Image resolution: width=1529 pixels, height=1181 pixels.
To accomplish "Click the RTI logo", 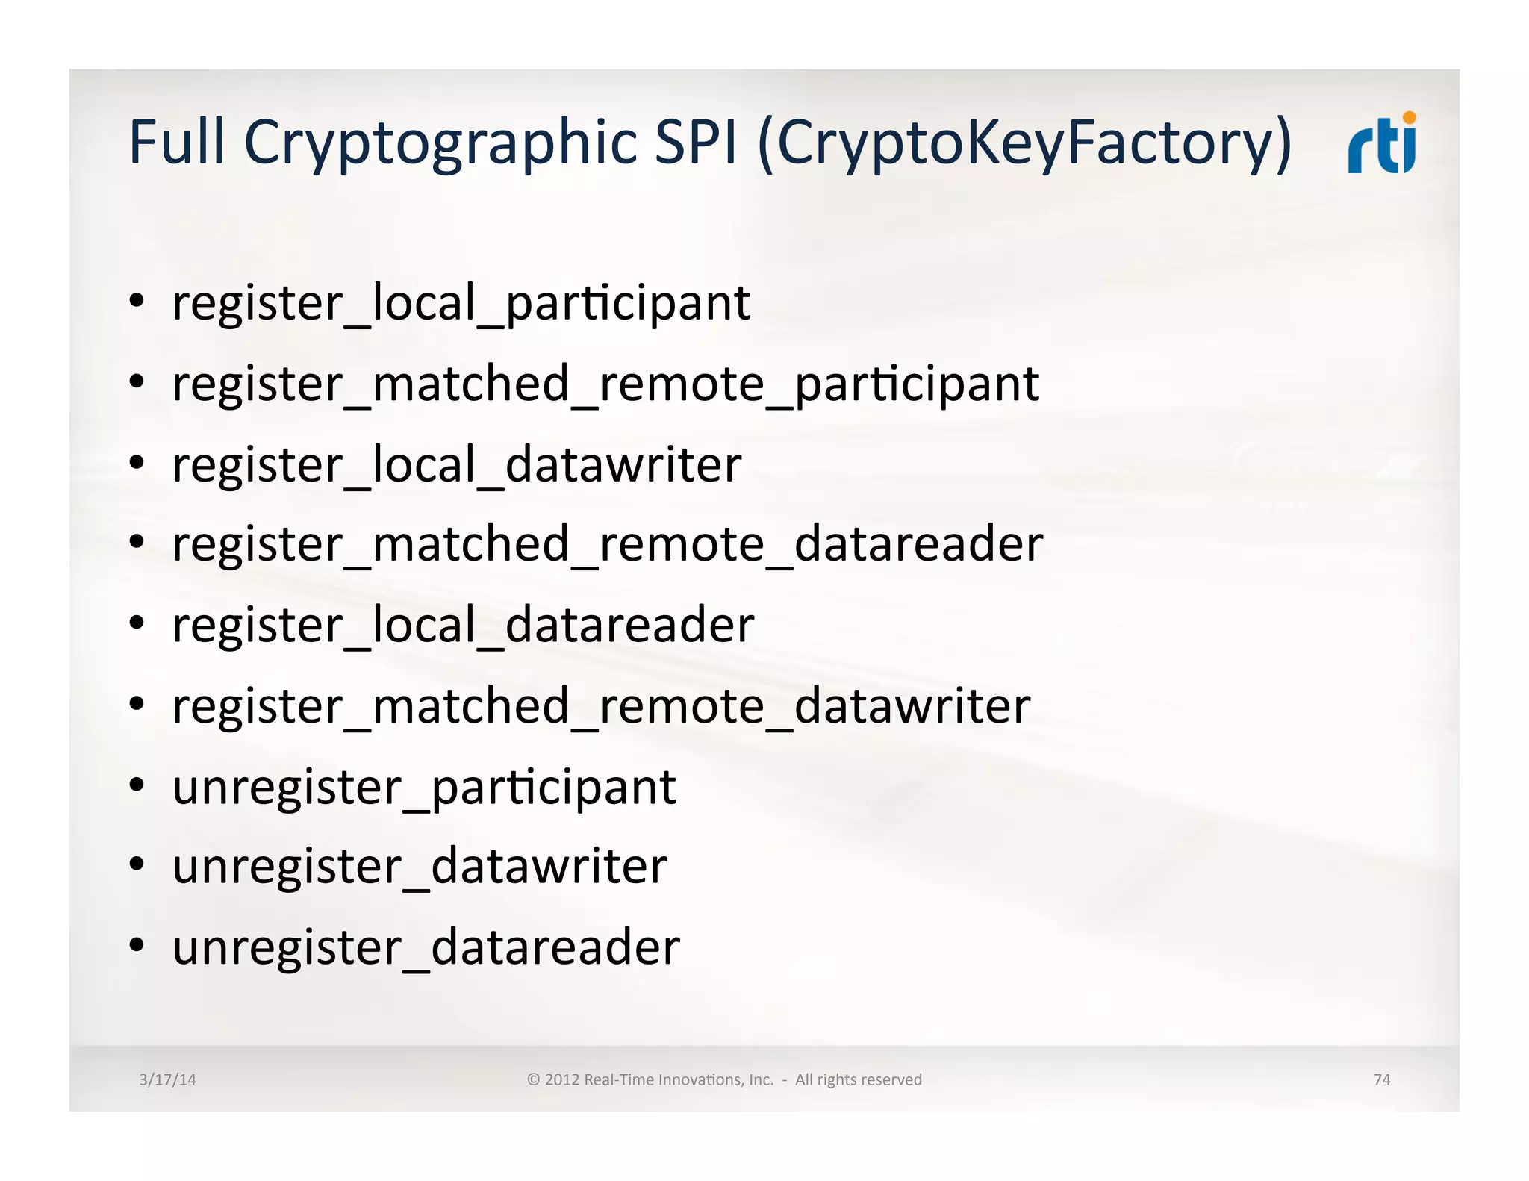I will (1381, 143).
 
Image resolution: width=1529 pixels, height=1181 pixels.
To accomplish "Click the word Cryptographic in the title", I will (440, 143).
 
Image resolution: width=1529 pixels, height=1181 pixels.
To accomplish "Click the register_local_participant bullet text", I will (461, 303).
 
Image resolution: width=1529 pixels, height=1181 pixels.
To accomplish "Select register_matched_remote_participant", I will (605, 384).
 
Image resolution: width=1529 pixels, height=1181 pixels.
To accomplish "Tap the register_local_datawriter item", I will (457, 465).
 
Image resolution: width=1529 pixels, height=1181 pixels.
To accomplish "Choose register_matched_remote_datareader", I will (607, 544).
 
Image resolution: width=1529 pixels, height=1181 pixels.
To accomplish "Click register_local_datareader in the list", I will (463, 625).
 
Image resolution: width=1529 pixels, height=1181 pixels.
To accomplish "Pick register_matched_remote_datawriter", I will (601, 706).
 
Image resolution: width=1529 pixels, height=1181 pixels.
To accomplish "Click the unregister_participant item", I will (424, 788).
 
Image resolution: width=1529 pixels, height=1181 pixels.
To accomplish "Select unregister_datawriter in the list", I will (420, 867).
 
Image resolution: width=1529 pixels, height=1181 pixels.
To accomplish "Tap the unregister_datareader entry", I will (426, 947).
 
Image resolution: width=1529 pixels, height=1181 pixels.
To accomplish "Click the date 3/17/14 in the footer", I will (167, 1079).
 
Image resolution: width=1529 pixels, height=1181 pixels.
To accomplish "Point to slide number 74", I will (1382, 1079).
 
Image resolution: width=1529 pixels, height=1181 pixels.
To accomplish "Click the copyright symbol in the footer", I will (533, 1079).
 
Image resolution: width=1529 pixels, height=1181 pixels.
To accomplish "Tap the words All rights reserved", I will (858, 1079).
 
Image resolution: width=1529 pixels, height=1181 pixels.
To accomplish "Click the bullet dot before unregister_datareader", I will (136, 945).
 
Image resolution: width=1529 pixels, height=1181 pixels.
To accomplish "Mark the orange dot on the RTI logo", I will (1409, 117).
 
